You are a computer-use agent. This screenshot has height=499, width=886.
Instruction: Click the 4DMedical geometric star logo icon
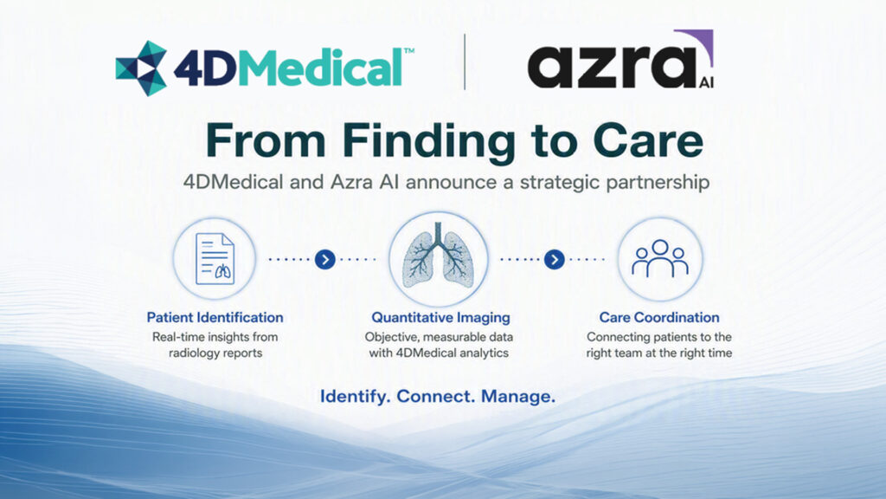pyautogui.click(x=141, y=68)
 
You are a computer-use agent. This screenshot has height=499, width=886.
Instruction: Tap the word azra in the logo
pyautogui.click(x=612, y=67)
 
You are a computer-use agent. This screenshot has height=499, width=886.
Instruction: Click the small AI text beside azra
pyautogui.click(x=706, y=82)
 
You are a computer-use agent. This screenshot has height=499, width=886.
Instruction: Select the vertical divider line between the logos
pyautogui.click(x=465, y=62)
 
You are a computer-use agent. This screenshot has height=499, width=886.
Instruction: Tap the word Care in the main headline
pyautogui.click(x=647, y=140)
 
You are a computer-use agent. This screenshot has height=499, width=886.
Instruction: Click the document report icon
pyautogui.click(x=215, y=259)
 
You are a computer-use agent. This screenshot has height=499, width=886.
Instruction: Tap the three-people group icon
pyautogui.click(x=660, y=258)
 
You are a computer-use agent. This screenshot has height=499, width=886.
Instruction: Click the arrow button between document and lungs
pyautogui.click(x=325, y=260)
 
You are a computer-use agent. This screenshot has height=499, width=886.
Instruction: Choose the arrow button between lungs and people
pyautogui.click(x=555, y=260)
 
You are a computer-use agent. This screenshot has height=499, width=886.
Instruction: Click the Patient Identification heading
pyautogui.click(x=215, y=317)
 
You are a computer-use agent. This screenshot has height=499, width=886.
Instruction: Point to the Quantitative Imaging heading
pyautogui.click(x=440, y=318)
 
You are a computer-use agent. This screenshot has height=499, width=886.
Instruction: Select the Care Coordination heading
pyautogui.click(x=659, y=317)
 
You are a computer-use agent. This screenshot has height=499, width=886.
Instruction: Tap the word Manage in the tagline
pyautogui.click(x=517, y=397)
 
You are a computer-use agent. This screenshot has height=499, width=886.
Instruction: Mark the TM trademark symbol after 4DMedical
pyautogui.click(x=408, y=51)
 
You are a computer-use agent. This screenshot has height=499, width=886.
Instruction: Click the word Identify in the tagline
pyautogui.click(x=355, y=397)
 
